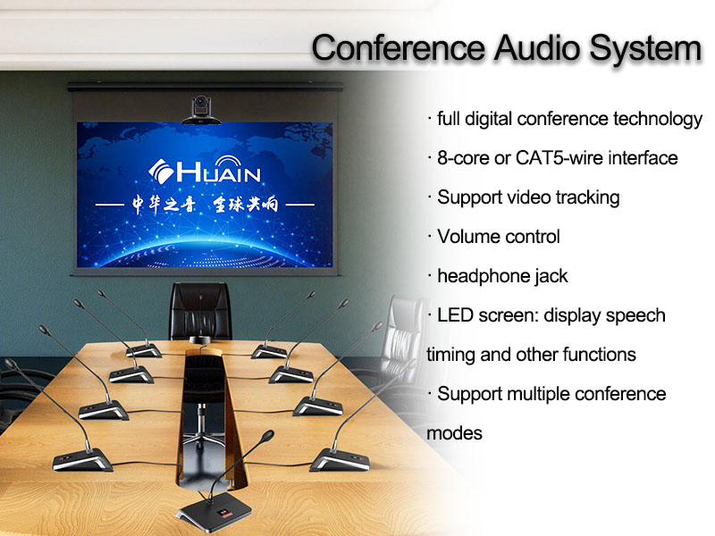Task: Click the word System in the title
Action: pyautogui.click(x=645, y=48)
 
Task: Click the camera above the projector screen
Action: pyautogui.click(x=201, y=110)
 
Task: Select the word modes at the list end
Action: pyautogui.click(x=454, y=433)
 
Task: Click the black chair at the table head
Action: pyautogui.click(x=200, y=311)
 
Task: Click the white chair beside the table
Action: pyautogui.click(x=404, y=338)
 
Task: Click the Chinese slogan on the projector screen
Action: pyautogui.click(x=205, y=205)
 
